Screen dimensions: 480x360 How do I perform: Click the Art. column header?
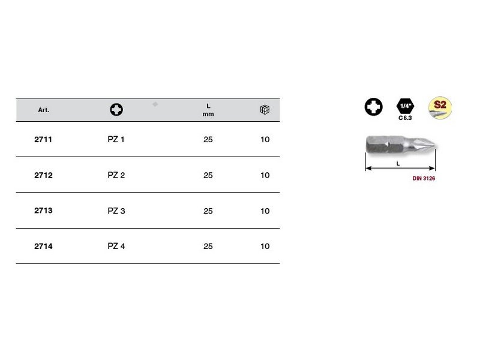(x=43, y=110)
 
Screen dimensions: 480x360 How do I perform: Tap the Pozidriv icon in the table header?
(x=116, y=110)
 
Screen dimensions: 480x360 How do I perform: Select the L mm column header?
(x=208, y=110)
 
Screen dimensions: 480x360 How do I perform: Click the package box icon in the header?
(x=265, y=110)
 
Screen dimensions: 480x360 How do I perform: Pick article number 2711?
(x=43, y=140)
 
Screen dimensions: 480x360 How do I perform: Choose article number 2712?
(x=43, y=175)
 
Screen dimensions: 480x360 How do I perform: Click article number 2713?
(x=43, y=211)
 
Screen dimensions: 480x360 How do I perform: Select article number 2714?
(x=43, y=247)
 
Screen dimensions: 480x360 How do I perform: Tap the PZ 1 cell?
(x=116, y=140)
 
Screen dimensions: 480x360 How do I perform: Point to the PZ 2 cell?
(x=116, y=175)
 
